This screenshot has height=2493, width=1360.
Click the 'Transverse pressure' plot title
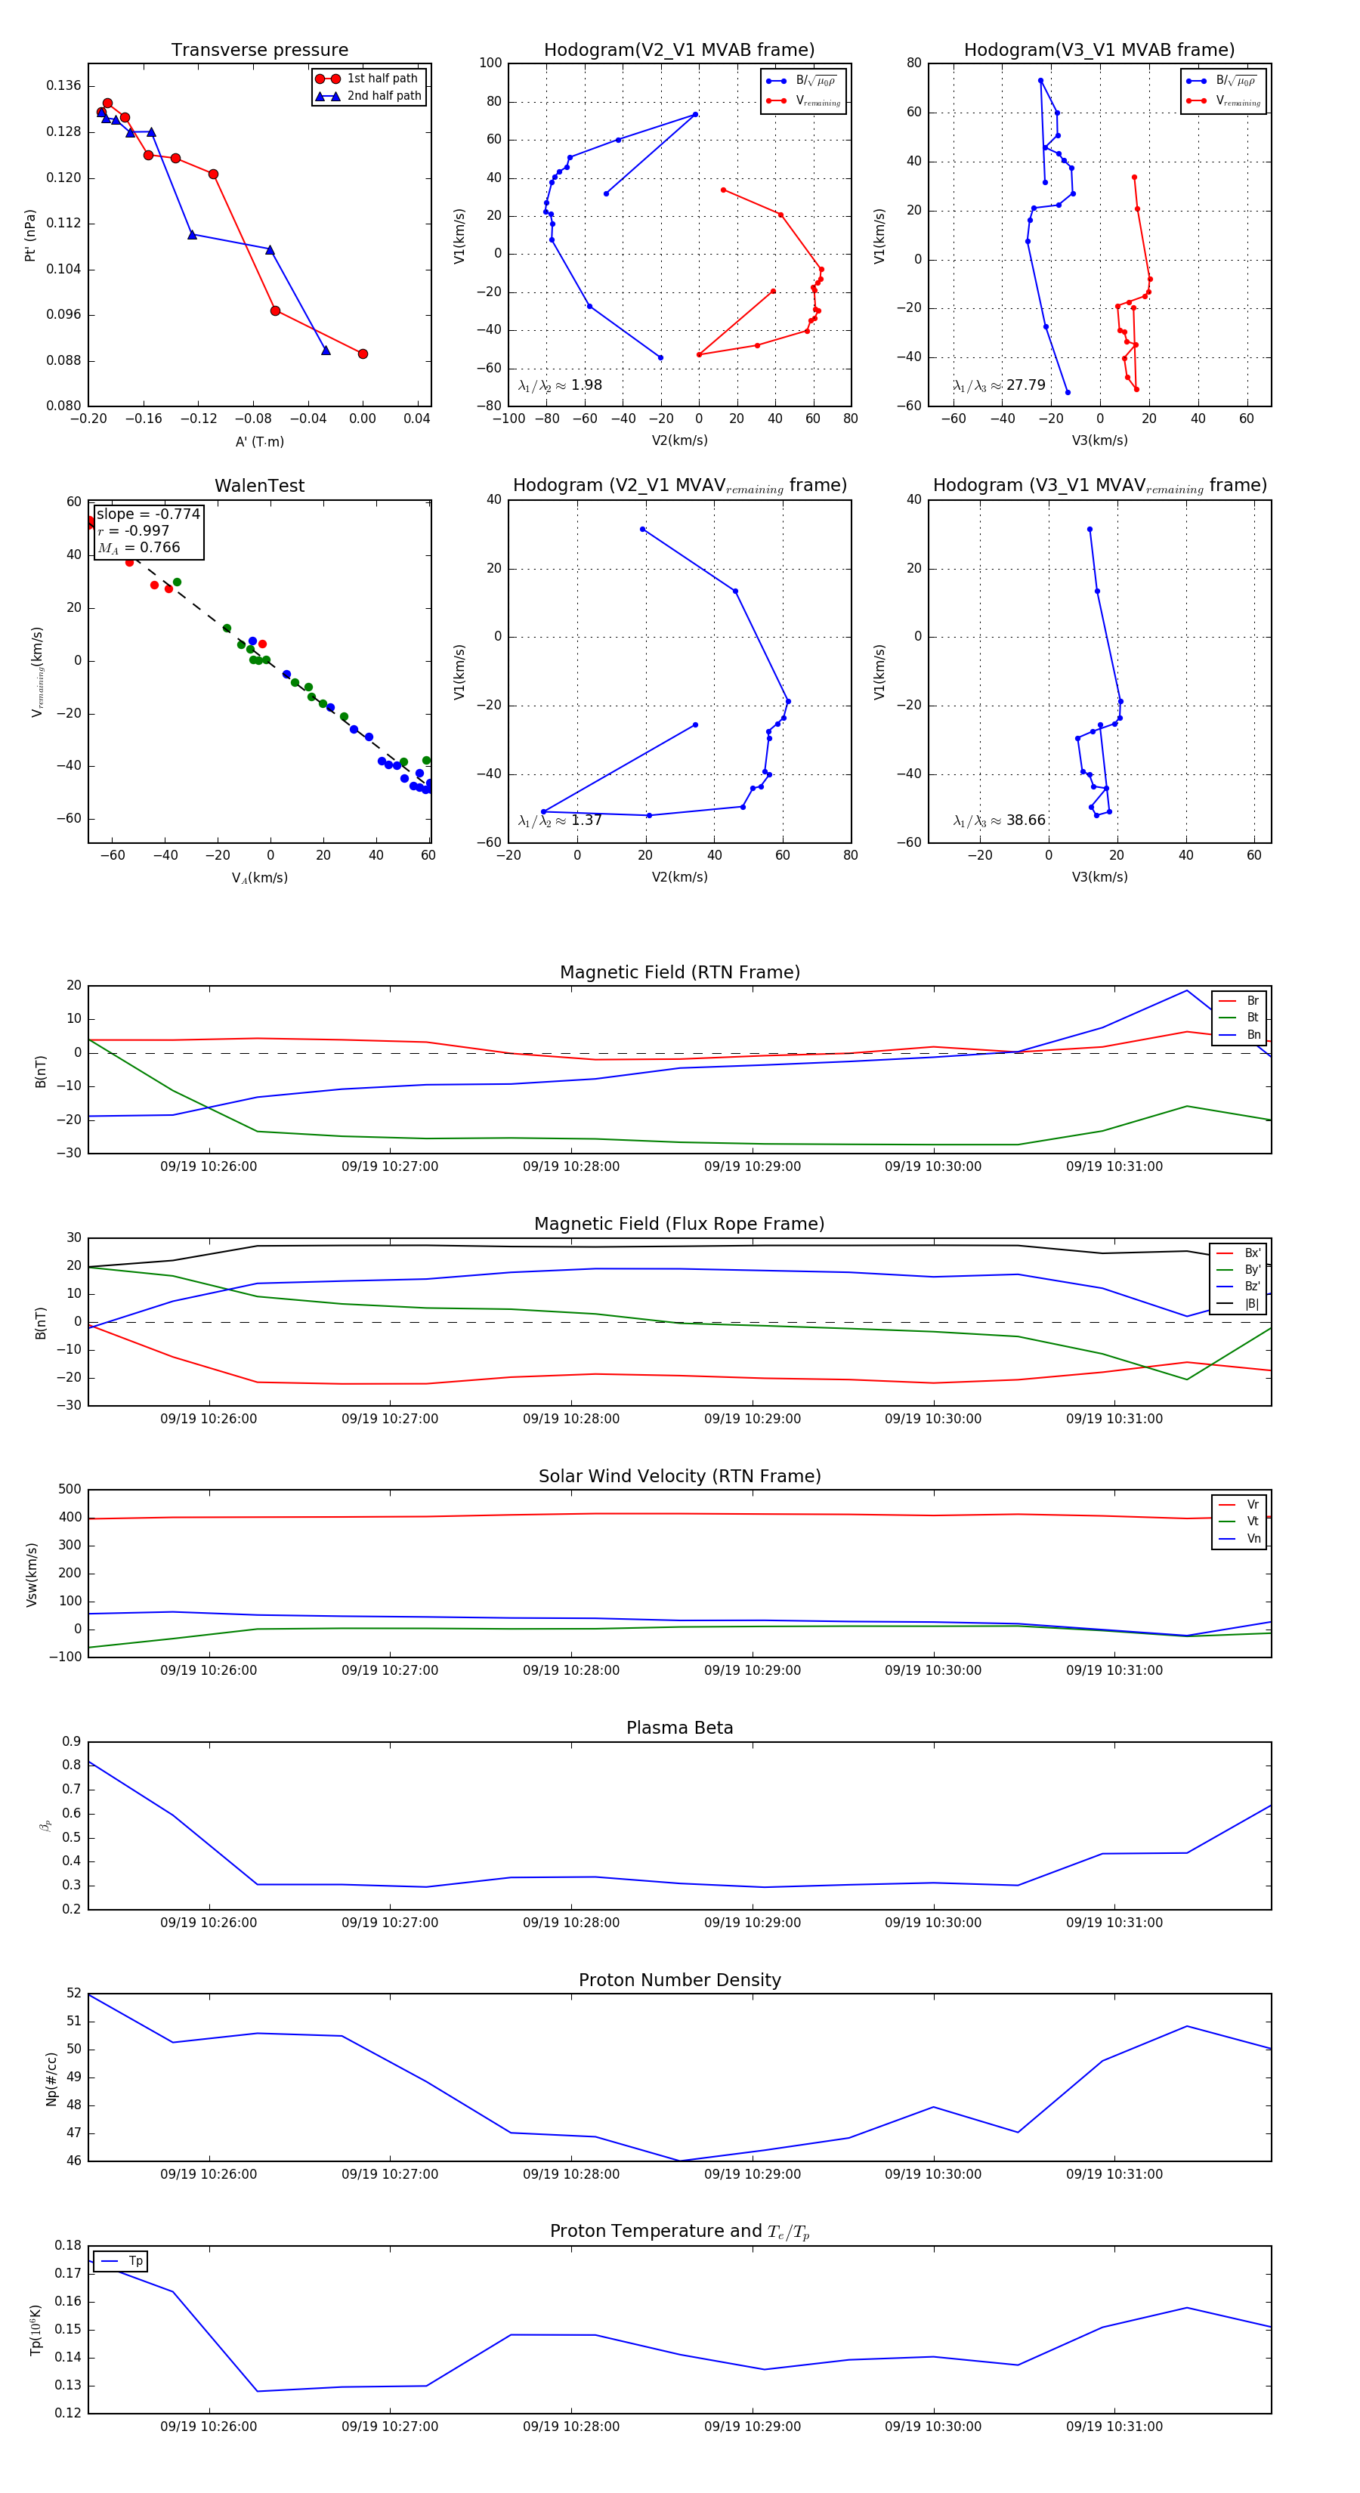click(x=259, y=51)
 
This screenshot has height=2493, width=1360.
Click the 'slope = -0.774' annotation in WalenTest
click(x=148, y=514)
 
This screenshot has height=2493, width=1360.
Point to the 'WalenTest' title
click(x=259, y=486)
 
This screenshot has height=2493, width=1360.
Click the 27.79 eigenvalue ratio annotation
click(x=999, y=385)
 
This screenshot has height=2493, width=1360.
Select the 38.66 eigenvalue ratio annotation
click(x=999, y=820)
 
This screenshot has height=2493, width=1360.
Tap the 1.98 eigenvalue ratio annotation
click(x=559, y=385)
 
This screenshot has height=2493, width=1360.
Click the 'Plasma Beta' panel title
click(x=679, y=1728)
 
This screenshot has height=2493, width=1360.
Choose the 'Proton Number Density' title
click(x=679, y=1980)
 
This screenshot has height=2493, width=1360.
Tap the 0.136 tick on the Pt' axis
click(x=64, y=86)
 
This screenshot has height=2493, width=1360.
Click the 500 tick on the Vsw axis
click(x=70, y=1490)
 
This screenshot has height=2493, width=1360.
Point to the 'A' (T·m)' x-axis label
click(x=259, y=441)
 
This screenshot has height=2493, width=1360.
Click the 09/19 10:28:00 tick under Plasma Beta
click(x=571, y=1923)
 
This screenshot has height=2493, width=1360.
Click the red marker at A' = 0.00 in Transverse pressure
click(x=363, y=354)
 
